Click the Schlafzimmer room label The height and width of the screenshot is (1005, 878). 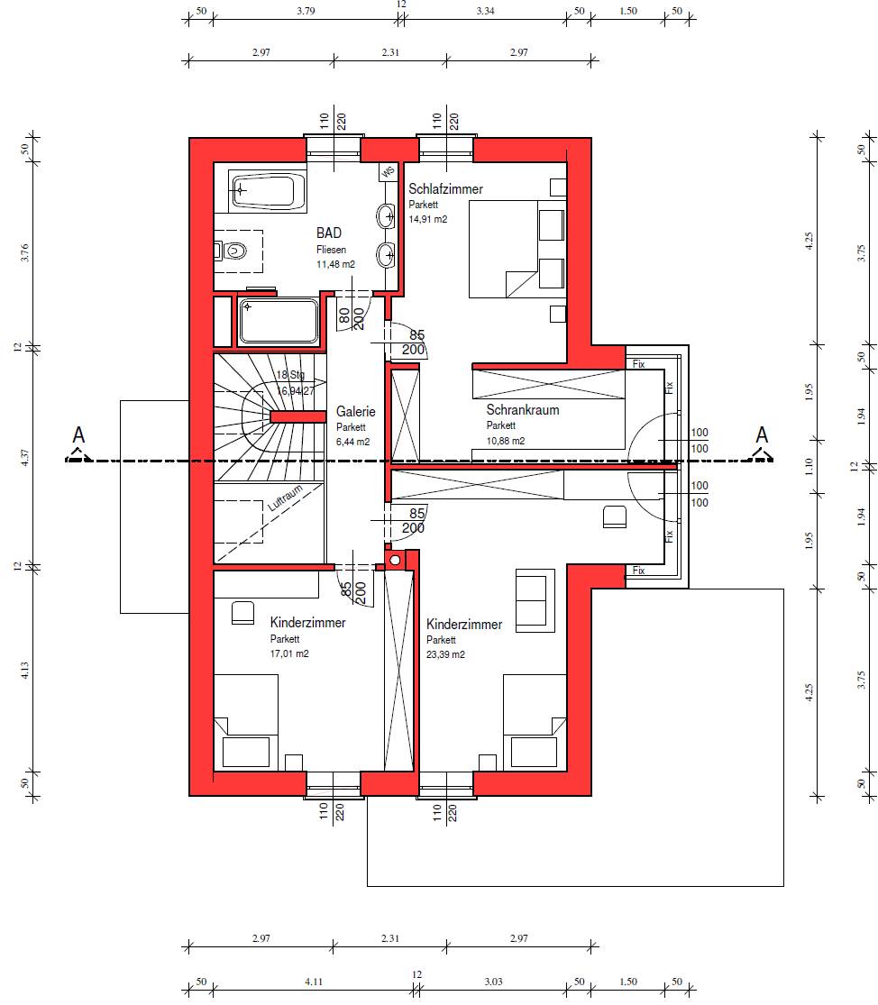click(445, 189)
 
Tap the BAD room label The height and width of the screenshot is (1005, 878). click(329, 233)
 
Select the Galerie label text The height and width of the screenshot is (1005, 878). click(356, 412)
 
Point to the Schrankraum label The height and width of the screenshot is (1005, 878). click(522, 409)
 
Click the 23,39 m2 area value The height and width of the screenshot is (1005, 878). click(445, 654)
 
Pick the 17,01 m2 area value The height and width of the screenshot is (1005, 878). click(289, 653)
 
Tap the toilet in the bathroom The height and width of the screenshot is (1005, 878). click(231, 251)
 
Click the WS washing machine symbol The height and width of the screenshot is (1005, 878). click(388, 172)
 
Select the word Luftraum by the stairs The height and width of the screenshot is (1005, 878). click(285, 498)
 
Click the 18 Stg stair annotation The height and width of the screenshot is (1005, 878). click(290, 375)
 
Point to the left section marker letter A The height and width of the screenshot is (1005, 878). click(78, 435)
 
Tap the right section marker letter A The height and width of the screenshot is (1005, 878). click(762, 435)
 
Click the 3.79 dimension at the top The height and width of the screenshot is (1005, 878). click(306, 11)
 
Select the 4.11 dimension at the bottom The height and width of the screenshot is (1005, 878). click(314, 982)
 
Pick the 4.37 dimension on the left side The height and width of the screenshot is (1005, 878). click(24, 457)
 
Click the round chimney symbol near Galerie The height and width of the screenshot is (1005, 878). click(395, 561)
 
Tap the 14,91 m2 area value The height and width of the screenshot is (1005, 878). click(428, 219)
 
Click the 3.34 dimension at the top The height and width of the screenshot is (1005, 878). click(485, 11)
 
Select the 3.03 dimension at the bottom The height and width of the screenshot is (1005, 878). click(493, 982)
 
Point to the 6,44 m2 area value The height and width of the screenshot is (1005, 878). click(353, 442)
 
